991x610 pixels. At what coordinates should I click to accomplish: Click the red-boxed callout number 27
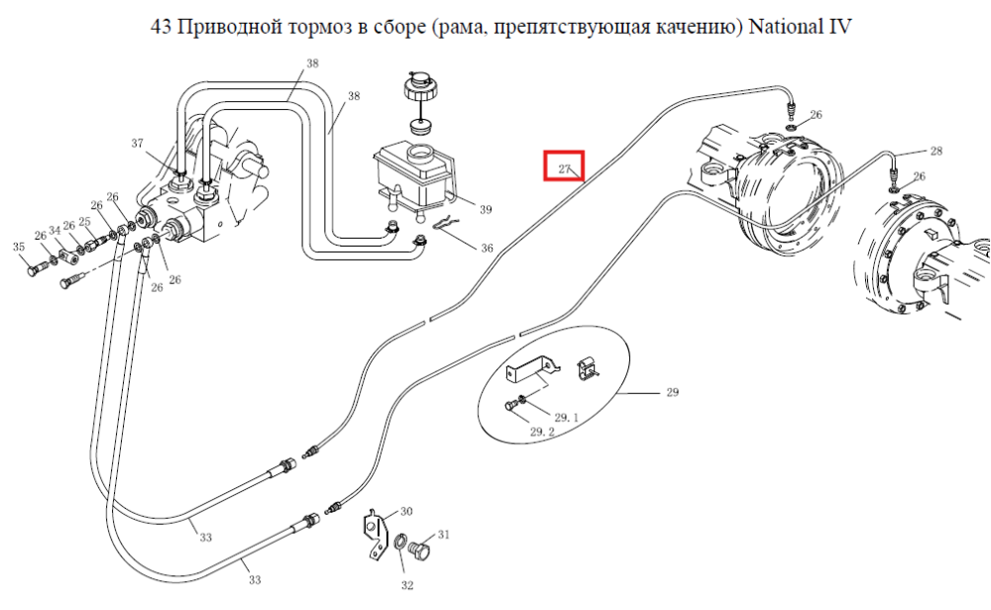click(565, 169)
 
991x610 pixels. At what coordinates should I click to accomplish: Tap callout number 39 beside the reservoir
click(486, 210)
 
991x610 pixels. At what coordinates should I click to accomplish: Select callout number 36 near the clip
click(487, 249)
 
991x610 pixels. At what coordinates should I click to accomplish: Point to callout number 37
click(137, 144)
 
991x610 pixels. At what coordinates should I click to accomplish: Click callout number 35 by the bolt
click(19, 247)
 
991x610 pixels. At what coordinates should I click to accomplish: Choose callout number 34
click(55, 231)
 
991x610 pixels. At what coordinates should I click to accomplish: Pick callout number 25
click(84, 222)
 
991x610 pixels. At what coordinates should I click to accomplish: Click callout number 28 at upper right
click(936, 151)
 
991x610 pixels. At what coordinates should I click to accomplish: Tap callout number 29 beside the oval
click(673, 392)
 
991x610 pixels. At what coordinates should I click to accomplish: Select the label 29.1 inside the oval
click(566, 418)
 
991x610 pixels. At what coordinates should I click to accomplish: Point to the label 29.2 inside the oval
click(542, 432)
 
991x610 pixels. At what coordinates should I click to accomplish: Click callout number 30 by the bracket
click(406, 511)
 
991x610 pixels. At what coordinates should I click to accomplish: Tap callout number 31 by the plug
click(444, 535)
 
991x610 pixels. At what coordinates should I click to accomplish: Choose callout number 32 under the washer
click(407, 585)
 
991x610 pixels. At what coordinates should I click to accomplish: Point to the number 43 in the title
click(161, 27)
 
